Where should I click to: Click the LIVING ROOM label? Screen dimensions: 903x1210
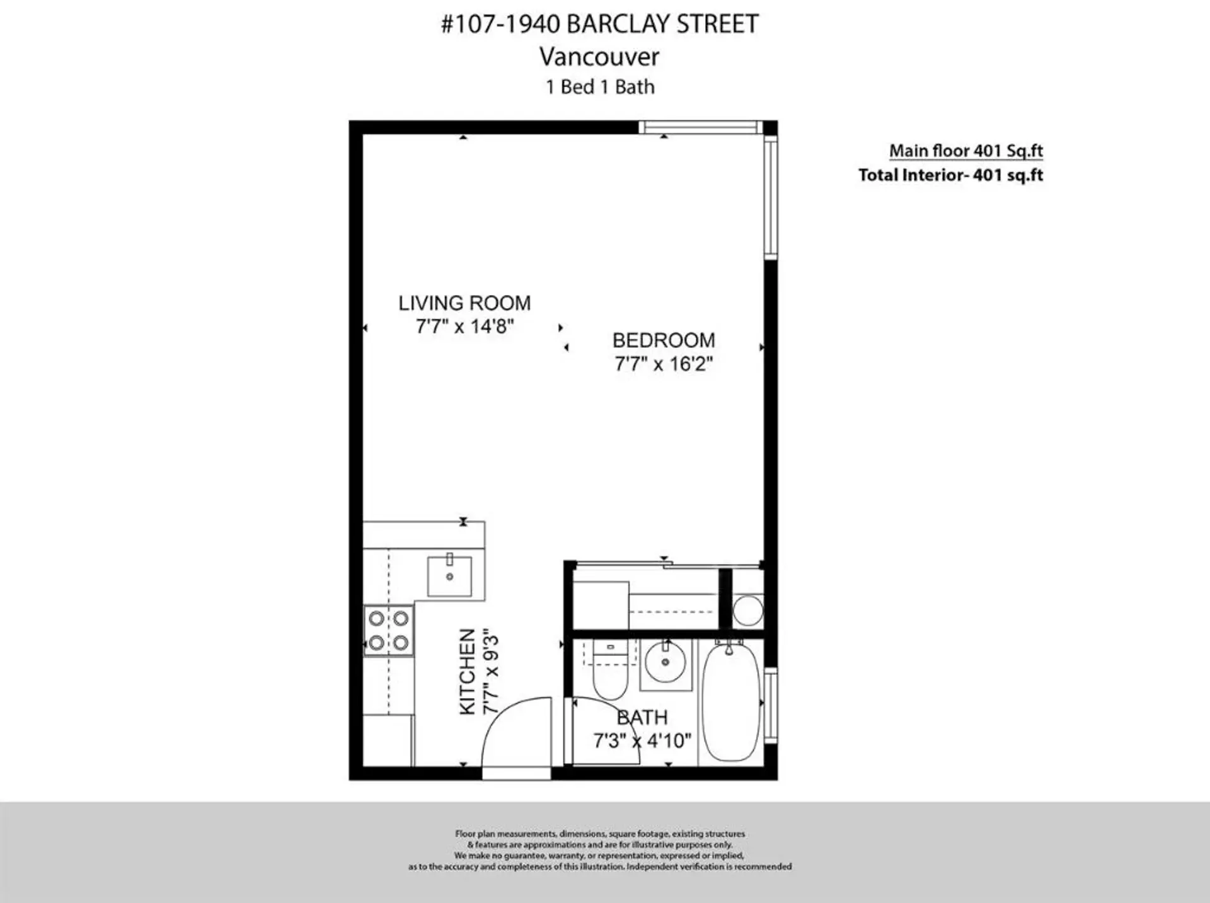pyautogui.click(x=464, y=303)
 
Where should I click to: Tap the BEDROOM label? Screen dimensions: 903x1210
pyautogui.click(x=664, y=340)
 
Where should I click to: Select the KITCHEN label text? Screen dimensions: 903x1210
pyautogui.click(x=467, y=672)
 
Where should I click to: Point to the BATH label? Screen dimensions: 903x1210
pyautogui.click(x=642, y=718)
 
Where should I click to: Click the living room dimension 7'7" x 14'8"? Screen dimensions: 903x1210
pyautogui.click(x=464, y=326)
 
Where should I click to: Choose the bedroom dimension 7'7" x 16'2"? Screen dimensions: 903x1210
pyautogui.click(x=664, y=364)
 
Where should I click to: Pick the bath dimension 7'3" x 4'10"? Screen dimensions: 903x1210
pyautogui.click(x=642, y=740)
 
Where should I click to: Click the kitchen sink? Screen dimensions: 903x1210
pyautogui.click(x=449, y=576)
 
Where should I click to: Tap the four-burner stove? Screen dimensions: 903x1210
pyautogui.click(x=389, y=631)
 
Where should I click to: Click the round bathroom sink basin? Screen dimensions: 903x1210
pyautogui.click(x=665, y=663)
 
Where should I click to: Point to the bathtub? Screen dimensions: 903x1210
pyautogui.click(x=730, y=701)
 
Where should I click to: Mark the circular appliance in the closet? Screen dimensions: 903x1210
pyautogui.click(x=748, y=611)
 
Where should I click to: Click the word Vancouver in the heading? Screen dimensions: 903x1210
pyautogui.click(x=599, y=57)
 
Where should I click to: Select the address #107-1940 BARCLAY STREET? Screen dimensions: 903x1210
pyautogui.click(x=599, y=24)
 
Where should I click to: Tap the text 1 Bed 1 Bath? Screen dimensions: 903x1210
pyautogui.click(x=599, y=87)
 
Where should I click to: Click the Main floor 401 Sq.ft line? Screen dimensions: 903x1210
pyautogui.click(x=965, y=151)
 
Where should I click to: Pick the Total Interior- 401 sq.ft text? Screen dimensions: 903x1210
pyautogui.click(x=950, y=175)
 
